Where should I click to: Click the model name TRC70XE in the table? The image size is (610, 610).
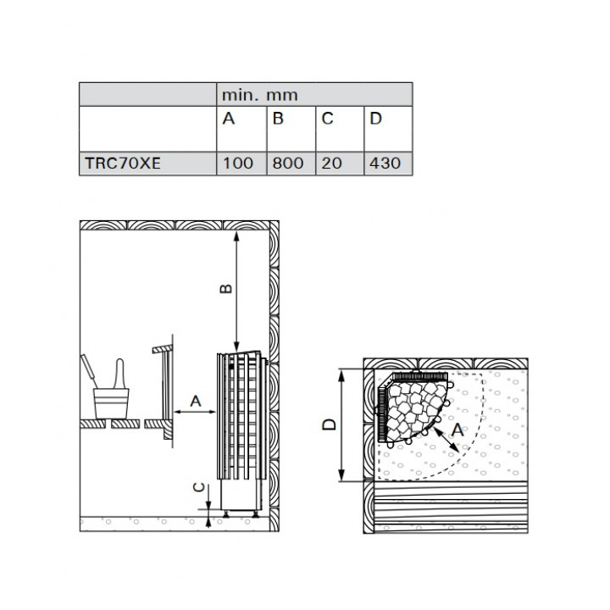[123, 163]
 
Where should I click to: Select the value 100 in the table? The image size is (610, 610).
[238, 163]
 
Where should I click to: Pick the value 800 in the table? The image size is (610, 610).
[288, 163]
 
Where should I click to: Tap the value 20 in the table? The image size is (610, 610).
[332, 163]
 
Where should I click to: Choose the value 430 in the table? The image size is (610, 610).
[385, 163]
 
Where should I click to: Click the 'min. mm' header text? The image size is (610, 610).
[260, 95]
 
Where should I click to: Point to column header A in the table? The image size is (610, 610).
[229, 119]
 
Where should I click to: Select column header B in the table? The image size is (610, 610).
[278, 119]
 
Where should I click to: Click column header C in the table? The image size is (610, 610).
[327, 119]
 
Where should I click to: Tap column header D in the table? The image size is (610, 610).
[376, 119]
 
